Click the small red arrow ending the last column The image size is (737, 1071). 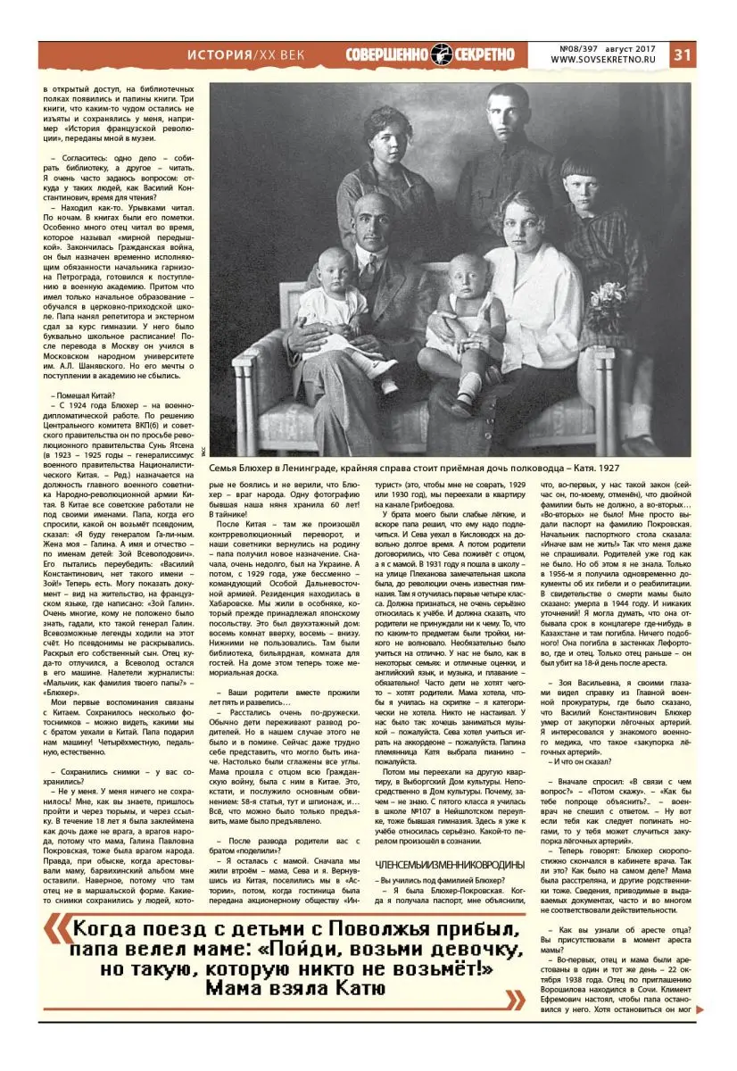700,1009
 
